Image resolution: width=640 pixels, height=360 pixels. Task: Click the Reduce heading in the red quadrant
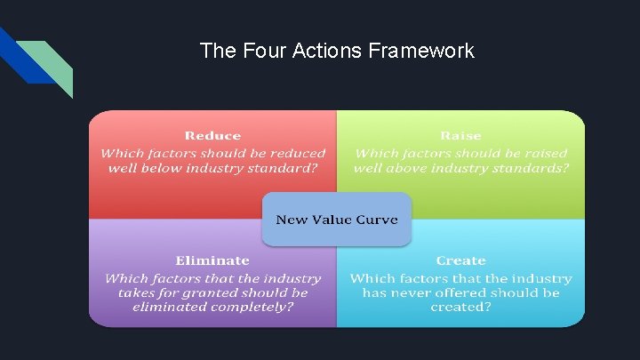tap(212, 136)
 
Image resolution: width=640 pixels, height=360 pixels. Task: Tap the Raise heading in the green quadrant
tap(460, 136)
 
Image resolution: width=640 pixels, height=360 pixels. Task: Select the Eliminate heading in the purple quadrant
tap(212, 260)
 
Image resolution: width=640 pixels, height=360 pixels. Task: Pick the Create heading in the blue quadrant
tap(460, 260)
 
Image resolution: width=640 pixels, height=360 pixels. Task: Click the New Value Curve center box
tap(337, 220)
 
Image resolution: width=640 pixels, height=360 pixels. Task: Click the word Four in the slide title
tap(254, 51)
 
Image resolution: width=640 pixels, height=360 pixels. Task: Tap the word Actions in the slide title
tap(323, 51)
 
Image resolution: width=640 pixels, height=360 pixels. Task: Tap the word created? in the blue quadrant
tap(460, 308)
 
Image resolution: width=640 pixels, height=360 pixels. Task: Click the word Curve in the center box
tap(375, 220)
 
